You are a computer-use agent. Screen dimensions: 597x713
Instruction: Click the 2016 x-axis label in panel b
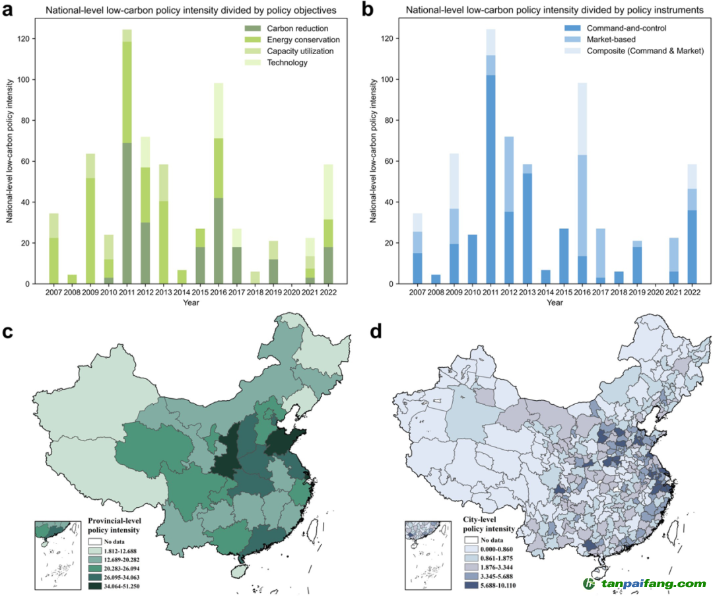(582, 293)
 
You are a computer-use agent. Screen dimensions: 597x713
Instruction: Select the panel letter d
(376, 332)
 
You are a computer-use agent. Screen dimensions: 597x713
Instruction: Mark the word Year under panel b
(555, 302)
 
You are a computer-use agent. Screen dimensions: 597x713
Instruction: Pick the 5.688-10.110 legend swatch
(467, 586)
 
